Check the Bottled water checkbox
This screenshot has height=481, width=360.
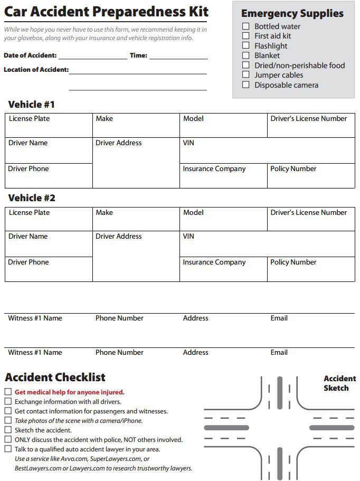click(245, 26)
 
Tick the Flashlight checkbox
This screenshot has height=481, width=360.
click(245, 45)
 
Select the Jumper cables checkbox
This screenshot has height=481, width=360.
click(245, 75)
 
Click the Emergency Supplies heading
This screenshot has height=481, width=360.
click(292, 14)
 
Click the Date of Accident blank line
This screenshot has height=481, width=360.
click(93, 56)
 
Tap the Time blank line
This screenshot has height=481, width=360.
click(178, 56)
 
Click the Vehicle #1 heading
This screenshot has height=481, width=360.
click(31, 104)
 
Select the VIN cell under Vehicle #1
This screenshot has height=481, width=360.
click(267, 150)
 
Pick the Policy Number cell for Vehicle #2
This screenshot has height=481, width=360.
click(311, 269)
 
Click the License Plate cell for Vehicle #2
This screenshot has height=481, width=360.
click(49, 219)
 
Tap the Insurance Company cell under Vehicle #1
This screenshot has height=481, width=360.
click(223, 176)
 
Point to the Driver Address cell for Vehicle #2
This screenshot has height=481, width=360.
click(136, 256)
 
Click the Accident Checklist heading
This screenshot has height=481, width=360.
click(55, 378)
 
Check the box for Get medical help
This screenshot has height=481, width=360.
click(8, 392)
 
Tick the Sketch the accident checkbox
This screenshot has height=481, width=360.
click(8, 430)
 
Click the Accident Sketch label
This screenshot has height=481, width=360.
click(339, 383)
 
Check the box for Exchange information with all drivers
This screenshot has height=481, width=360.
click(8, 402)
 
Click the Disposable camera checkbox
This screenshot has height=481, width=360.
click(245, 85)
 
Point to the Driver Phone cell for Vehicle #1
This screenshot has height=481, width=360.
click(49, 176)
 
